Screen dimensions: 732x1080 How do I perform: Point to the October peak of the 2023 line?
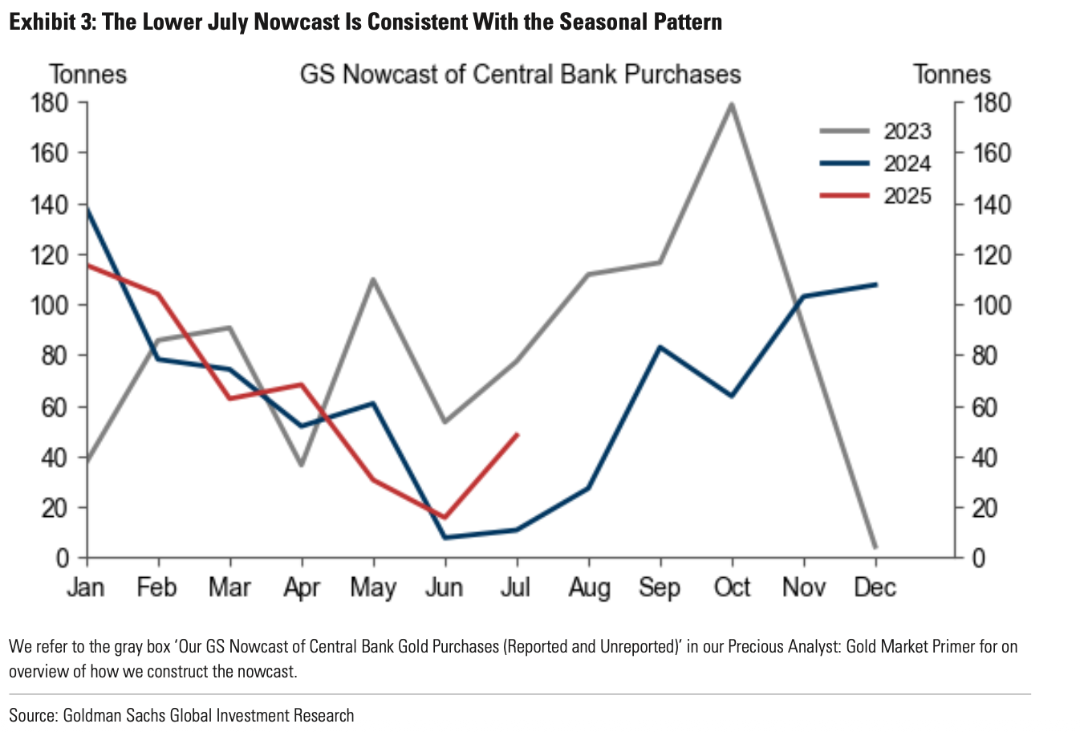(x=732, y=104)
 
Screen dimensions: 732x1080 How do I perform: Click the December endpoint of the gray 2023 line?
(x=875, y=547)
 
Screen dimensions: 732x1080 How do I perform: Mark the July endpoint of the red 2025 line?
(x=518, y=434)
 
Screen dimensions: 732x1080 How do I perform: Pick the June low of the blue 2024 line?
(x=445, y=537)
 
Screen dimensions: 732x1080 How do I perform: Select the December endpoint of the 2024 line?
(x=875, y=284)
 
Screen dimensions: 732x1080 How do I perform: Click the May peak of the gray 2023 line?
(x=374, y=279)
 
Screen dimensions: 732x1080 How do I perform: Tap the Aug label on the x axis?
(x=589, y=588)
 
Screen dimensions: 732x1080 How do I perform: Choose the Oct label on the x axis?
(x=732, y=588)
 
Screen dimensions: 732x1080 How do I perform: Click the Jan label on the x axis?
(x=86, y=588)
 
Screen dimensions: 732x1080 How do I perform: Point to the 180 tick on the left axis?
(x=50, y=103)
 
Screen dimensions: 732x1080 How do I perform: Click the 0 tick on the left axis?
(x=62, y=558)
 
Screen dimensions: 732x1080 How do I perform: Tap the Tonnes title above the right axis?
(x=952, y=75)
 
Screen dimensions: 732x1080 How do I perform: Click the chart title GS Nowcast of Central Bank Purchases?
(x=520, y=75)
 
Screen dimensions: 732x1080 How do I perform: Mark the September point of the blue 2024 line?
(x=660, y=347)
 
